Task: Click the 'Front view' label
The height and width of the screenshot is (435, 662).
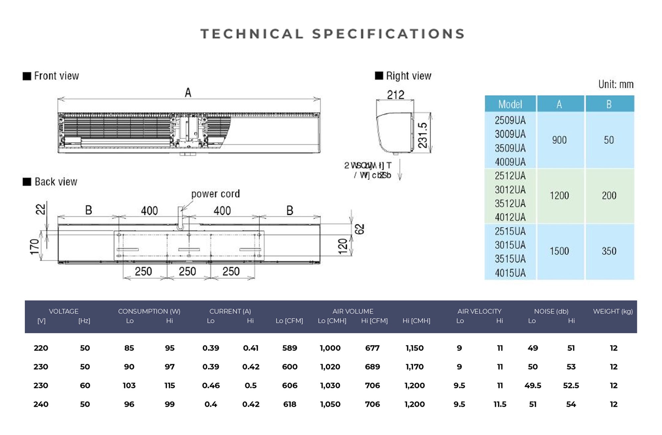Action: [56, 76]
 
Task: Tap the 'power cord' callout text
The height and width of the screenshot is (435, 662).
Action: [215, 194]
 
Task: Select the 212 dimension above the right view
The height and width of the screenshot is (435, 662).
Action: [396, 95]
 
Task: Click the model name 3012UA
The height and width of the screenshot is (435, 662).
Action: [510, 190]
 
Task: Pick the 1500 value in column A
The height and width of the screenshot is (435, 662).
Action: [559, 251]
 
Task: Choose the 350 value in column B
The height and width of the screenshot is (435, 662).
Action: [609, 251]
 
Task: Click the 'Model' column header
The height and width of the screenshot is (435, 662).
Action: [510, 105]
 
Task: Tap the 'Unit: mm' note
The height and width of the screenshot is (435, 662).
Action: [616, 85]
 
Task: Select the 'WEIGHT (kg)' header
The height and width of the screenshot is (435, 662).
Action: [613, 311]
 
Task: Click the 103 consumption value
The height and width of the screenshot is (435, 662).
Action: [129, 385]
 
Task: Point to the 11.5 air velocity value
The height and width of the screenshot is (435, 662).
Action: [500, 404]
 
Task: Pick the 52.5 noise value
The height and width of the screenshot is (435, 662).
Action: [571, 385]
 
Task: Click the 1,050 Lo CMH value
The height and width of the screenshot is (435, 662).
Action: [330, 404]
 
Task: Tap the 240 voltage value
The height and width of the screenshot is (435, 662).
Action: [41, 404]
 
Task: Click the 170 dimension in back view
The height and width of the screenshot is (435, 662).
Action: [34, 247]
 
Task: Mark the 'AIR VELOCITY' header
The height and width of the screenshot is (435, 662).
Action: [479, 311]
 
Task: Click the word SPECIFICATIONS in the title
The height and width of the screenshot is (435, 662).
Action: [389, 34]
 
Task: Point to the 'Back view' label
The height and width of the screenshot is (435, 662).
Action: [56, 182]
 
